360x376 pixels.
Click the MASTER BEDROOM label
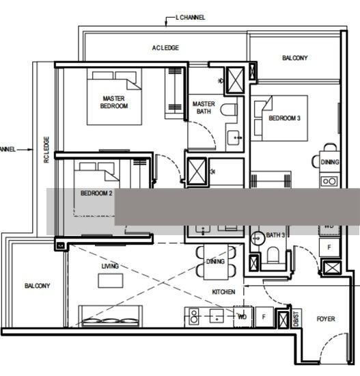tap(114, 102)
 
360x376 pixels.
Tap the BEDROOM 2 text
tap(96, 193)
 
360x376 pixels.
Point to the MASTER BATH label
tap(204, 108)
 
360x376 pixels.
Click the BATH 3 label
tap(275, 235)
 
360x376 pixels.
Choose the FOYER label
tap(326, 319)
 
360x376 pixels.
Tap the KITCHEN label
tap(223, 292)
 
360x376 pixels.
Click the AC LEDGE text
tap(165, 48)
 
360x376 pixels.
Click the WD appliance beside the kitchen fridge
tap(242, 317)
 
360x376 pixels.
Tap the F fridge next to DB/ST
tap(264, 317)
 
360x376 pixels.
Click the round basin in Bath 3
tap(258, 239)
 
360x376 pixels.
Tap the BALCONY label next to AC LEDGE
tap(294, 58)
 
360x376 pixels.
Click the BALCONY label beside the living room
tap(37, 286)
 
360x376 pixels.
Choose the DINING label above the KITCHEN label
tap(215, 262)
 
